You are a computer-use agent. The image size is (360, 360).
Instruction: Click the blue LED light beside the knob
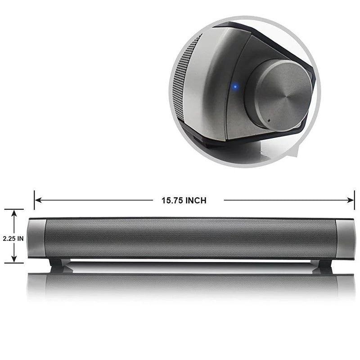pyautogui.click(x=235, y=86)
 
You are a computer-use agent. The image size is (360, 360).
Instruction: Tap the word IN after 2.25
pyautogui.click(x=20, y=239)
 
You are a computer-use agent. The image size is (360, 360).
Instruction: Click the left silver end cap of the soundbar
pyautogui.click(x=36, y=238)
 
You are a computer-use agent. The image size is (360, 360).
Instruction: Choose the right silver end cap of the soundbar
pyautogui.click(x=346, y=238)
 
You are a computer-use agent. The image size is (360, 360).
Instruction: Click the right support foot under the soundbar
pyautogui.click(x=324, y=265)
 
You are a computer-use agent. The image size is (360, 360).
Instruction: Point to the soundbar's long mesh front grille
pyautogui.click(x=189, y=238)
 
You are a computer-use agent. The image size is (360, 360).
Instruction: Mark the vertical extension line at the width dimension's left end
pyautogui.click(x=34, y=200)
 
